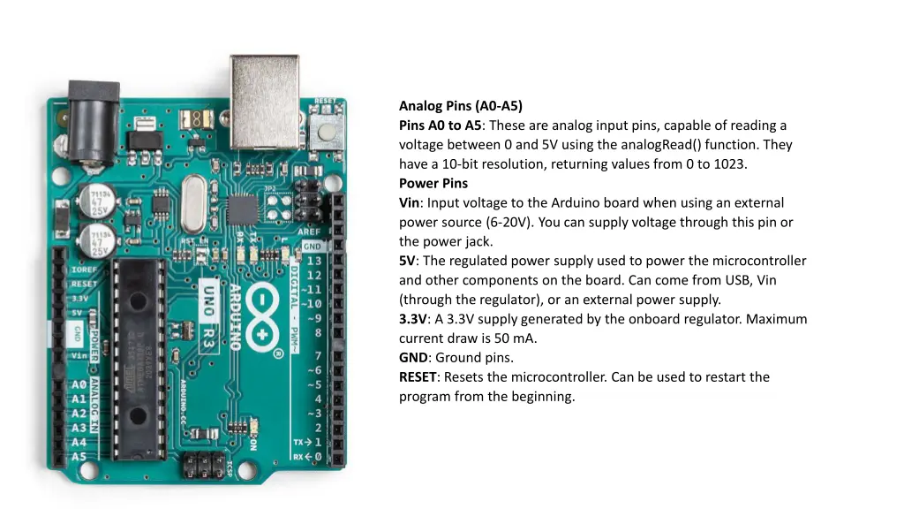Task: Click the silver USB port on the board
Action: pos(265,102)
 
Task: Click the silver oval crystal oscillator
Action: pos(193,204)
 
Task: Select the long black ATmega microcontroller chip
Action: pos(139,359)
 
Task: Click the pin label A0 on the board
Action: pos(79,384)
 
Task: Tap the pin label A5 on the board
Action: pos(79,457)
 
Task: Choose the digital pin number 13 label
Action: pos(314,261)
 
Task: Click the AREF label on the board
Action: pos(309,232)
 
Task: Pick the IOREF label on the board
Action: pos(84,270)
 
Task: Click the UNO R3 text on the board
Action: pos(208,317)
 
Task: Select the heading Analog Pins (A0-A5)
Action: pos(461,106)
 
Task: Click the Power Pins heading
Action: pos(433,184)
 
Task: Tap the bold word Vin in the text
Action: pos(410,203)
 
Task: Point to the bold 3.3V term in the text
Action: pos(413,319)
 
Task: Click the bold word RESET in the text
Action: pos(418,377)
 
